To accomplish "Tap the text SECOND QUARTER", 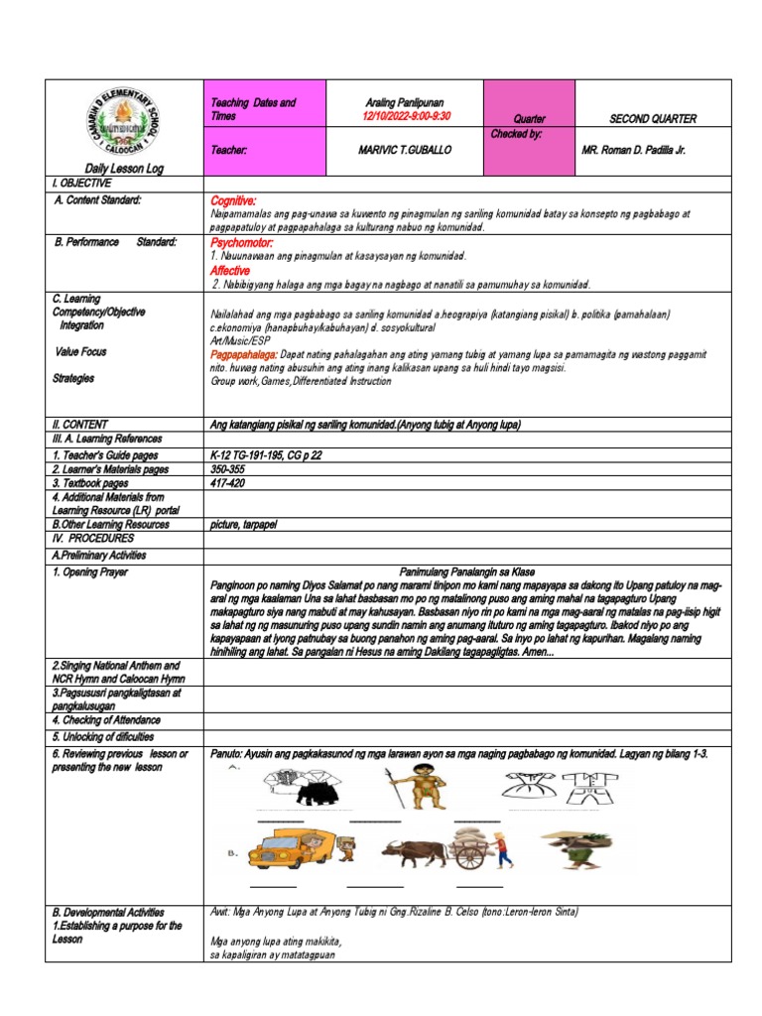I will tap(653, 119).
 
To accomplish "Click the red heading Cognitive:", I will tap(233, 201).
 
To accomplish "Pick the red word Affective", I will tap(230, 270).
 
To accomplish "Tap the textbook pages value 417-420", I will tap(227, 483).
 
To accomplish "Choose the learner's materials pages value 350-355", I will tap(227, 469).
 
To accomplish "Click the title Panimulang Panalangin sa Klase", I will tap(465, 572).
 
